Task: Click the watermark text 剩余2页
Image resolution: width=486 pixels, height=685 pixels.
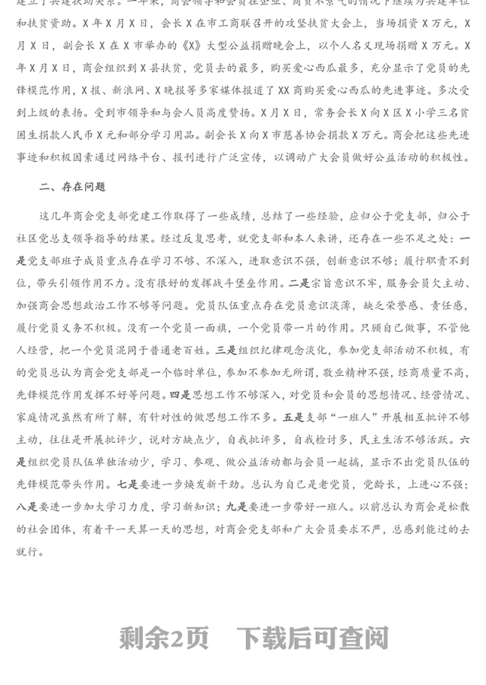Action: pos(163,638)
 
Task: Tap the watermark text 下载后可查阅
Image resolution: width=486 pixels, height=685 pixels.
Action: pos(313,638)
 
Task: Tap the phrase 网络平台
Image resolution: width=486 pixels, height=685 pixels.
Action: pos(181,157)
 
